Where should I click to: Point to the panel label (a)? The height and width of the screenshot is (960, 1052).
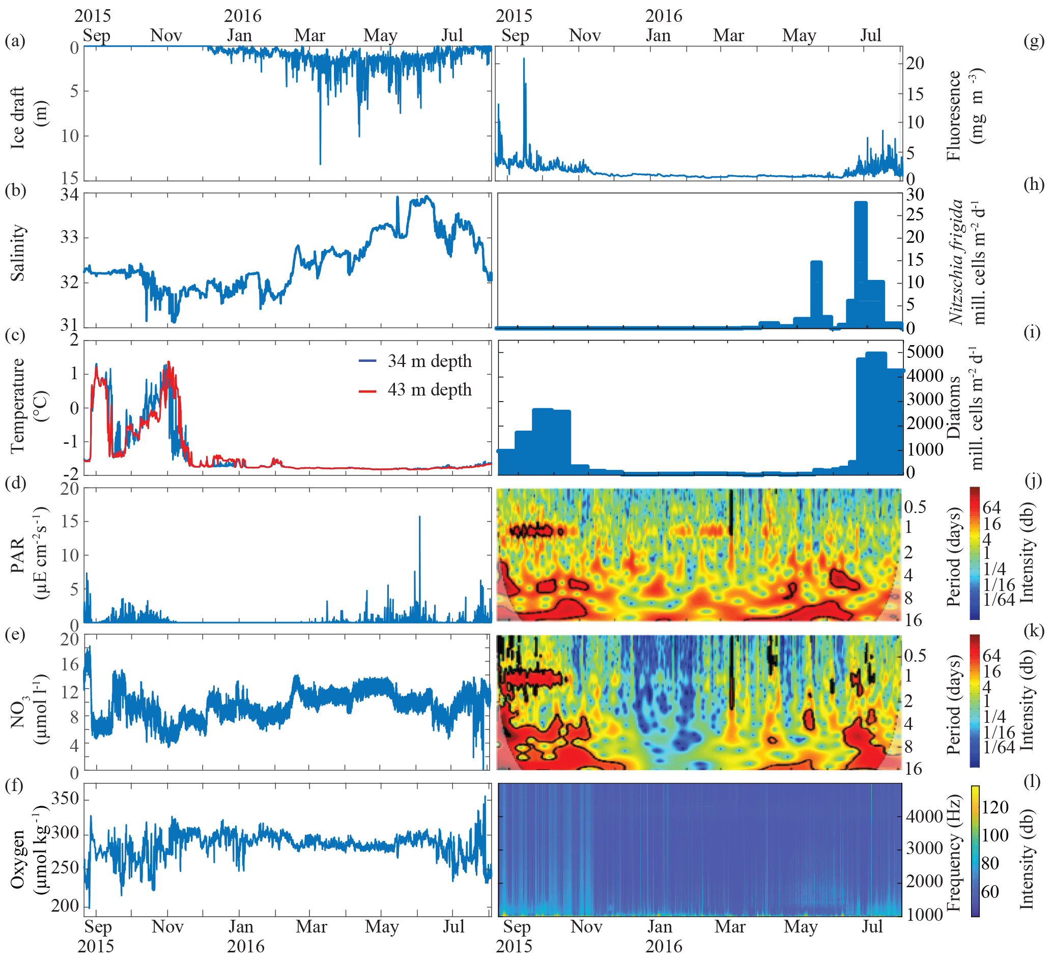(15, 40)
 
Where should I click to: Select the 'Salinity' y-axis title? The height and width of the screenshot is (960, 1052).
(18, 253)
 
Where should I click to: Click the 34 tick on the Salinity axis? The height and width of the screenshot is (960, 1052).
(69, 195)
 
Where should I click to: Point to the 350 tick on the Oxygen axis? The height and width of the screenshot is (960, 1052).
(65, 798)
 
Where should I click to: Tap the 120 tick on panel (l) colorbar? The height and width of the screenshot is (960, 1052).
(994, 808)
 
